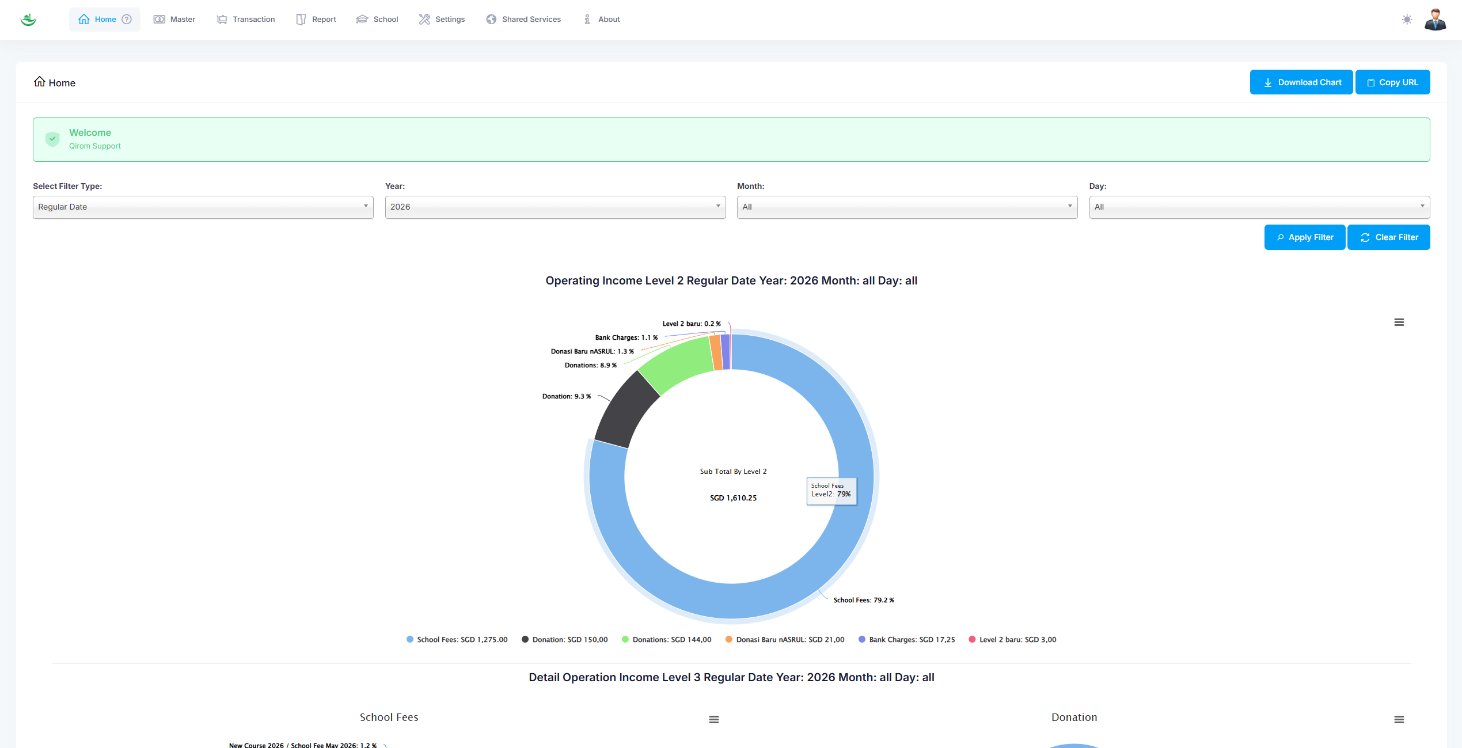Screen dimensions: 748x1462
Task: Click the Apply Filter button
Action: click(1304, 237)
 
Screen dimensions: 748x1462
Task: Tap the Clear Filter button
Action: click(1388, 237)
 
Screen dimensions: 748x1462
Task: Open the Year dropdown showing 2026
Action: click(555, 207)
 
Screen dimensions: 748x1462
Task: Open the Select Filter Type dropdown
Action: click(203, 207)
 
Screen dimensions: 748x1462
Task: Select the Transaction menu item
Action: click(246, 20)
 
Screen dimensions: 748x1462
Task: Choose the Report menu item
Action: click(316, 20)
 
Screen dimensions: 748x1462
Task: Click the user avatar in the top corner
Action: click(1435, 20)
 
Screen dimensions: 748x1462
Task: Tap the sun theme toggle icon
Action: click(1407, 20)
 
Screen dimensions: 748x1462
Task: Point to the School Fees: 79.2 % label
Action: click(863, 600)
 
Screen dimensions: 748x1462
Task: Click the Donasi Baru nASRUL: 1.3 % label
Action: click(592, 351)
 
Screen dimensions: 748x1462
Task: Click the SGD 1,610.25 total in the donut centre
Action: click(733, 498)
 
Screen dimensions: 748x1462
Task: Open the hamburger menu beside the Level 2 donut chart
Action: click(1399, 322)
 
